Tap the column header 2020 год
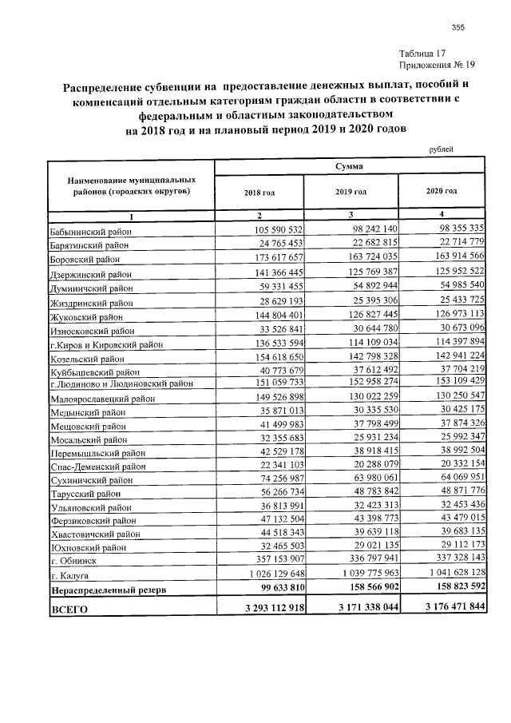pyautogui.click(x=441, y=192)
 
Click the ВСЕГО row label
pyautogui.click(x=69, y=610)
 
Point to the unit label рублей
pyautogui.click(x=441, y=149)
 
